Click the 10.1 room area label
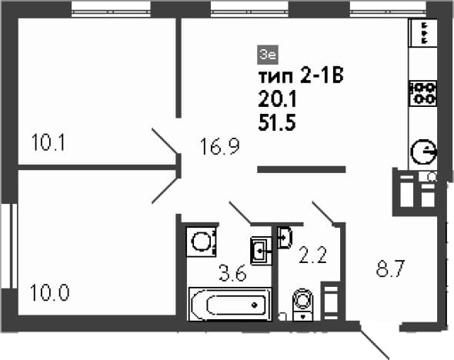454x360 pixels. pos(48,142)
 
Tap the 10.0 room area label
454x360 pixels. pos(49,292)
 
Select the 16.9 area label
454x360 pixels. pos(220,146)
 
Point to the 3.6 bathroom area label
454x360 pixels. pos(233,273)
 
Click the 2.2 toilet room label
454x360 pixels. pos(312,255)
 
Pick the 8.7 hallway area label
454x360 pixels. pos(390,268)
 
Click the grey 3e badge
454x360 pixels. pos(268,55)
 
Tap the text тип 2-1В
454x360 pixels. pos(301,77)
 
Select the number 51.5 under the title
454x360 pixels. pos(277,123)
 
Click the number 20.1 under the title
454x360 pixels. pos(277,100)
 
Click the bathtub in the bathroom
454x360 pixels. pos(230,304)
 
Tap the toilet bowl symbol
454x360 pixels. pos(303,305)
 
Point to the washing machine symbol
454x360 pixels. pos(202,242)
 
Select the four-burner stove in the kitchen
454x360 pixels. pos(422,94)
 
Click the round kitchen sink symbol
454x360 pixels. pos(423,152)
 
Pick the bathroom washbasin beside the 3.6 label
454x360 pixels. pos(262,251)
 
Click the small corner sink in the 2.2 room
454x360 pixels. pos(285,238)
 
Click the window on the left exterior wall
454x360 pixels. pos(10,246)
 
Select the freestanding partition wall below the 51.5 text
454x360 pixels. pos(302,169)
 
